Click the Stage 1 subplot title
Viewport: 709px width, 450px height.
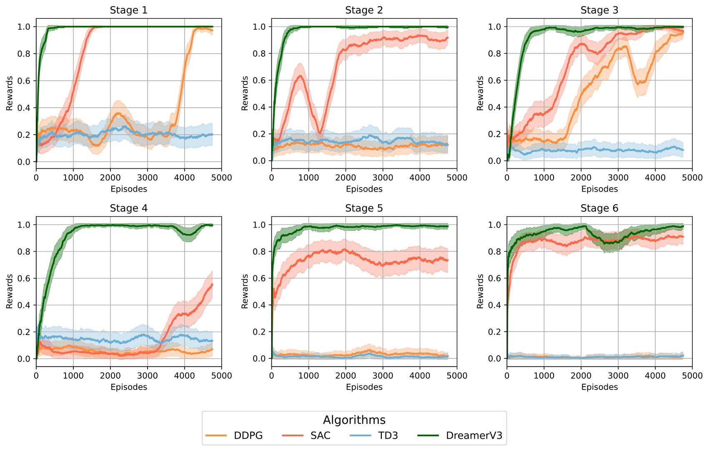(128, 10)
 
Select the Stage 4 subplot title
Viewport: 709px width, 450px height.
(128, 208)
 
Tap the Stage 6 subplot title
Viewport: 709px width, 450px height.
(599, 208)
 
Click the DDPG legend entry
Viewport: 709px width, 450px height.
(248, 435)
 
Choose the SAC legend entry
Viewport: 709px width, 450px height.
(320, 435)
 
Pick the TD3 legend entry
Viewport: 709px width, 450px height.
(388, 435)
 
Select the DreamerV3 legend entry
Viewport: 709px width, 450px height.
(474, 435)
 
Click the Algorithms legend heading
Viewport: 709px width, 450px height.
(354, 420)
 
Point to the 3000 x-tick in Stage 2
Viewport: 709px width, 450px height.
(383, 178)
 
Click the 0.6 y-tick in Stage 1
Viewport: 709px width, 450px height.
(25, 81)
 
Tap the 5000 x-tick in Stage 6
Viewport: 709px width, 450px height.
(692, 376)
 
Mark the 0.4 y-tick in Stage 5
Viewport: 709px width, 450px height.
(260, 305)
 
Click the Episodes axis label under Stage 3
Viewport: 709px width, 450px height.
(599, 189)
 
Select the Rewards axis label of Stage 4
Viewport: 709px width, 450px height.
(10, 291)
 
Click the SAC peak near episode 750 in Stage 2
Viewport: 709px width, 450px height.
(300, 76)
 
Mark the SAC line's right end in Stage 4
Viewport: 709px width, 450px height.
(212, 285)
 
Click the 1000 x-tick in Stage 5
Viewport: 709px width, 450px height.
(308, 376)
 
